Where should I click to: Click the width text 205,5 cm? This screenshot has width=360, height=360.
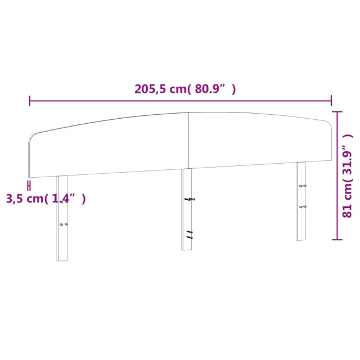click(x=160, y=89)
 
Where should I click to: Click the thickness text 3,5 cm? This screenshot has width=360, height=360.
click(x=25, y=199)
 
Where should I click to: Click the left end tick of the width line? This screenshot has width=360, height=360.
click(x=30, y=101)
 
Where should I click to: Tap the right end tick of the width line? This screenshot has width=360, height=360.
click(x=331, y=100)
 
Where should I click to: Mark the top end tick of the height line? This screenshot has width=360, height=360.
click(x=337, y=112)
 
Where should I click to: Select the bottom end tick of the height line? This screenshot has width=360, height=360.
click(x=337, y=240)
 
